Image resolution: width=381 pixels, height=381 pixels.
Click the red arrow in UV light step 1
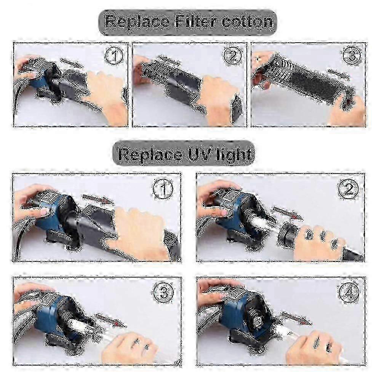(98, 199)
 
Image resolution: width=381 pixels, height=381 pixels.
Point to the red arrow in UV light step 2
(287, 213)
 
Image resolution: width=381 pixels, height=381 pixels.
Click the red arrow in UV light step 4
(296, 319)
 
